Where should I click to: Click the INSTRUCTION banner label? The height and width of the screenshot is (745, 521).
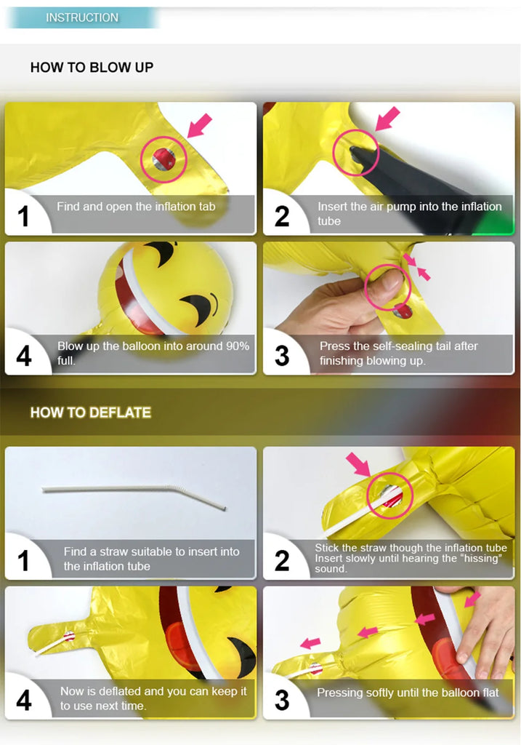click(82, 17)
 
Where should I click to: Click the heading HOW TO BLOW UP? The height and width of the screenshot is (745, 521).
click(92, 68)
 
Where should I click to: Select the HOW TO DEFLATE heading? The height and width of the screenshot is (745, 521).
click(91, 413)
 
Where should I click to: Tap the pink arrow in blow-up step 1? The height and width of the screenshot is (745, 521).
click(200, 125)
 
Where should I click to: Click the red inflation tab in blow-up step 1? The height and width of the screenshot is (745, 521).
click(163, 159)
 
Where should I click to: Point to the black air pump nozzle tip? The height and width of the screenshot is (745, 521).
click(356, 152)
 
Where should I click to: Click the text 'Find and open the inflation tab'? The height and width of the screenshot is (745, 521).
click(136, 207)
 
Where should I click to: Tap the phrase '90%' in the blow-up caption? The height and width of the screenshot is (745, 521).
click(238, 346)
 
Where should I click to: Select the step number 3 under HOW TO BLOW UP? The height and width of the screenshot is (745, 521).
click(282, 356)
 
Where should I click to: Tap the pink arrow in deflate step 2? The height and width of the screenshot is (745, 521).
click(358, 464)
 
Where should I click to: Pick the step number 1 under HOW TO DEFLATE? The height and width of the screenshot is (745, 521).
click(23, 561)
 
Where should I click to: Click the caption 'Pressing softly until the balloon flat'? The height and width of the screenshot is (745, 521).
click(408, 693)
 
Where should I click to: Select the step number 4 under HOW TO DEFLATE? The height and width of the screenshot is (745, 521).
click(24, 701)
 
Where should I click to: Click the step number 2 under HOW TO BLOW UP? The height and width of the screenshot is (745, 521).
click(282, 216)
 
